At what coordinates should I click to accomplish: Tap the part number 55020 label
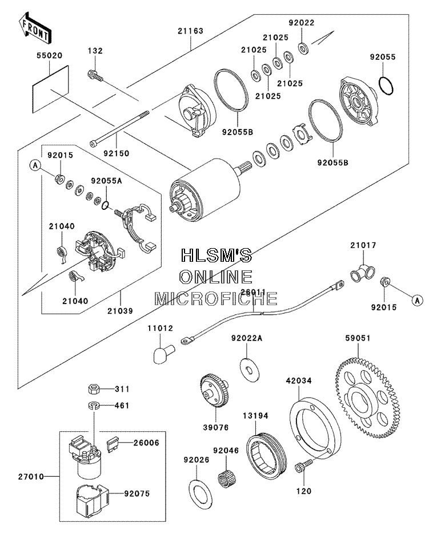coord(50,55)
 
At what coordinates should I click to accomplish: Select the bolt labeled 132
coord(95,75)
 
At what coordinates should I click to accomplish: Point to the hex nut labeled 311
coord(94,388)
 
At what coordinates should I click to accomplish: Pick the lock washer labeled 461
coord(93,406)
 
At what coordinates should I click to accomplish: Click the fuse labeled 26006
coord(113,445)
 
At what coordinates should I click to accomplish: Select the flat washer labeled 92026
coord(200,491)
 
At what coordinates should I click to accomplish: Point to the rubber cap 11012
coord(163,354)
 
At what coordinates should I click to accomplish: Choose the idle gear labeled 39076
coord(214,391)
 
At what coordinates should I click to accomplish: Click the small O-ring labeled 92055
coord(386,86)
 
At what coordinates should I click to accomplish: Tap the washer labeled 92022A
coord(250,370)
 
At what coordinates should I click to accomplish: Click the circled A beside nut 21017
coord(417,301)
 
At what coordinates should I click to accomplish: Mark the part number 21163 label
coord(190,31)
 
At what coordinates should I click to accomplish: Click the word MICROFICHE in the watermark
coord(216,299)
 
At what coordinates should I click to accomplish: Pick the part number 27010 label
coord(31,477)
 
